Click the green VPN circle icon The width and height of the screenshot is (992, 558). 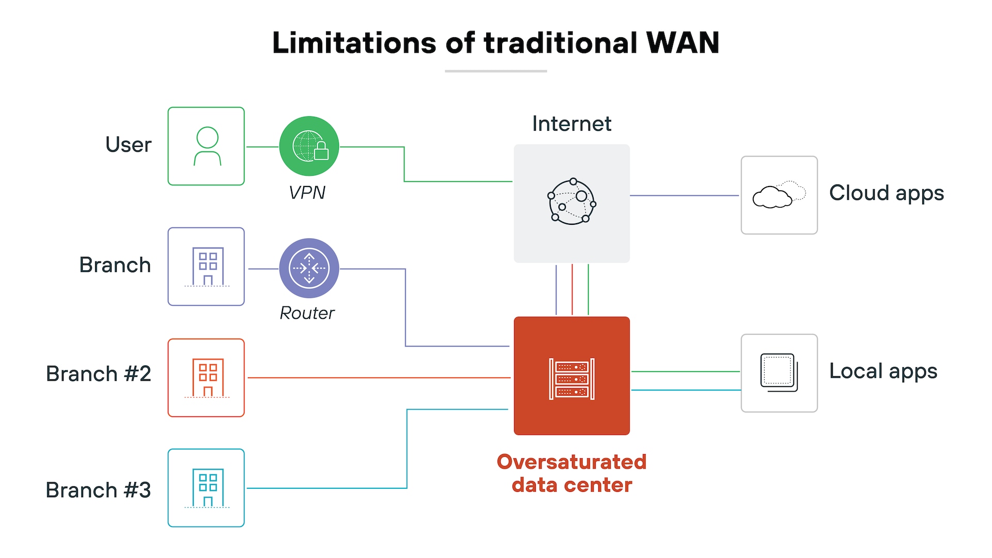coord(309,146)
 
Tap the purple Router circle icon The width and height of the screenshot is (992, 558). coord(309,268)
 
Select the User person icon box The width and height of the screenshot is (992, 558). coord(206,146)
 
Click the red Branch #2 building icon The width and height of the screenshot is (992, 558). coord(206,378)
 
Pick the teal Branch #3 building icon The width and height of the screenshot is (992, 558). coord(206,488)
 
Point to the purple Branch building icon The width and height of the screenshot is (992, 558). coord(206,267)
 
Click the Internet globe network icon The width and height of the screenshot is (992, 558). coord(571,202)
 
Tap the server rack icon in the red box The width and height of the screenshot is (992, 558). coord(571,379)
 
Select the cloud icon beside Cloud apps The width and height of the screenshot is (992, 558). coord(779,195)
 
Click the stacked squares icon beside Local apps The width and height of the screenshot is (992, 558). coord(779,373)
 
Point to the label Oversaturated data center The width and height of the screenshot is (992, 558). coord(571,473)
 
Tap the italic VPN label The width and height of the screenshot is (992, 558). coord(307,193)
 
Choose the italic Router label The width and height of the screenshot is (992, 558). coord(307,313)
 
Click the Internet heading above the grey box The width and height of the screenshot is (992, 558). coord(571,124)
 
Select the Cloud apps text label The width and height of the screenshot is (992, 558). coord(886,193)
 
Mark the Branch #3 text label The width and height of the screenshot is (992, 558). coord(98,490)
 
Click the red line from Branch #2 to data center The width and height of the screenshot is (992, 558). coord(377,378)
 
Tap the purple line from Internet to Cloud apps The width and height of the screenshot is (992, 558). coord(685,195)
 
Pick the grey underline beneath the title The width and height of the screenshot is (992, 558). coord(495,71)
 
